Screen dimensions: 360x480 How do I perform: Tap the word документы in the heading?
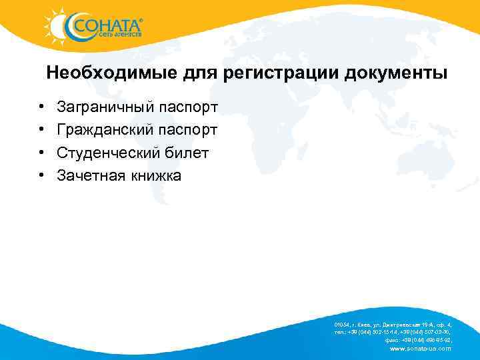(396, 73)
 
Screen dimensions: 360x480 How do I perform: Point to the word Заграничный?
(106, 107)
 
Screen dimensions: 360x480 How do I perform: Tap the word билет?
(187, 153)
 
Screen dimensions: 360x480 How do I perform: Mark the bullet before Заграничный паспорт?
(41, 107)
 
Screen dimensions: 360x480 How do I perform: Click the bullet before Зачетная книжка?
(41, 176)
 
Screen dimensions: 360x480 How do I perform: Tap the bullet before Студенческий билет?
(41, 153)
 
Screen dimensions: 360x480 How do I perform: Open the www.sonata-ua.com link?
(419, 349)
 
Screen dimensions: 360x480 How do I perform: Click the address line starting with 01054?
(393, 324)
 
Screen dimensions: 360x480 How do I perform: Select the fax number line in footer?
(413, 340)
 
